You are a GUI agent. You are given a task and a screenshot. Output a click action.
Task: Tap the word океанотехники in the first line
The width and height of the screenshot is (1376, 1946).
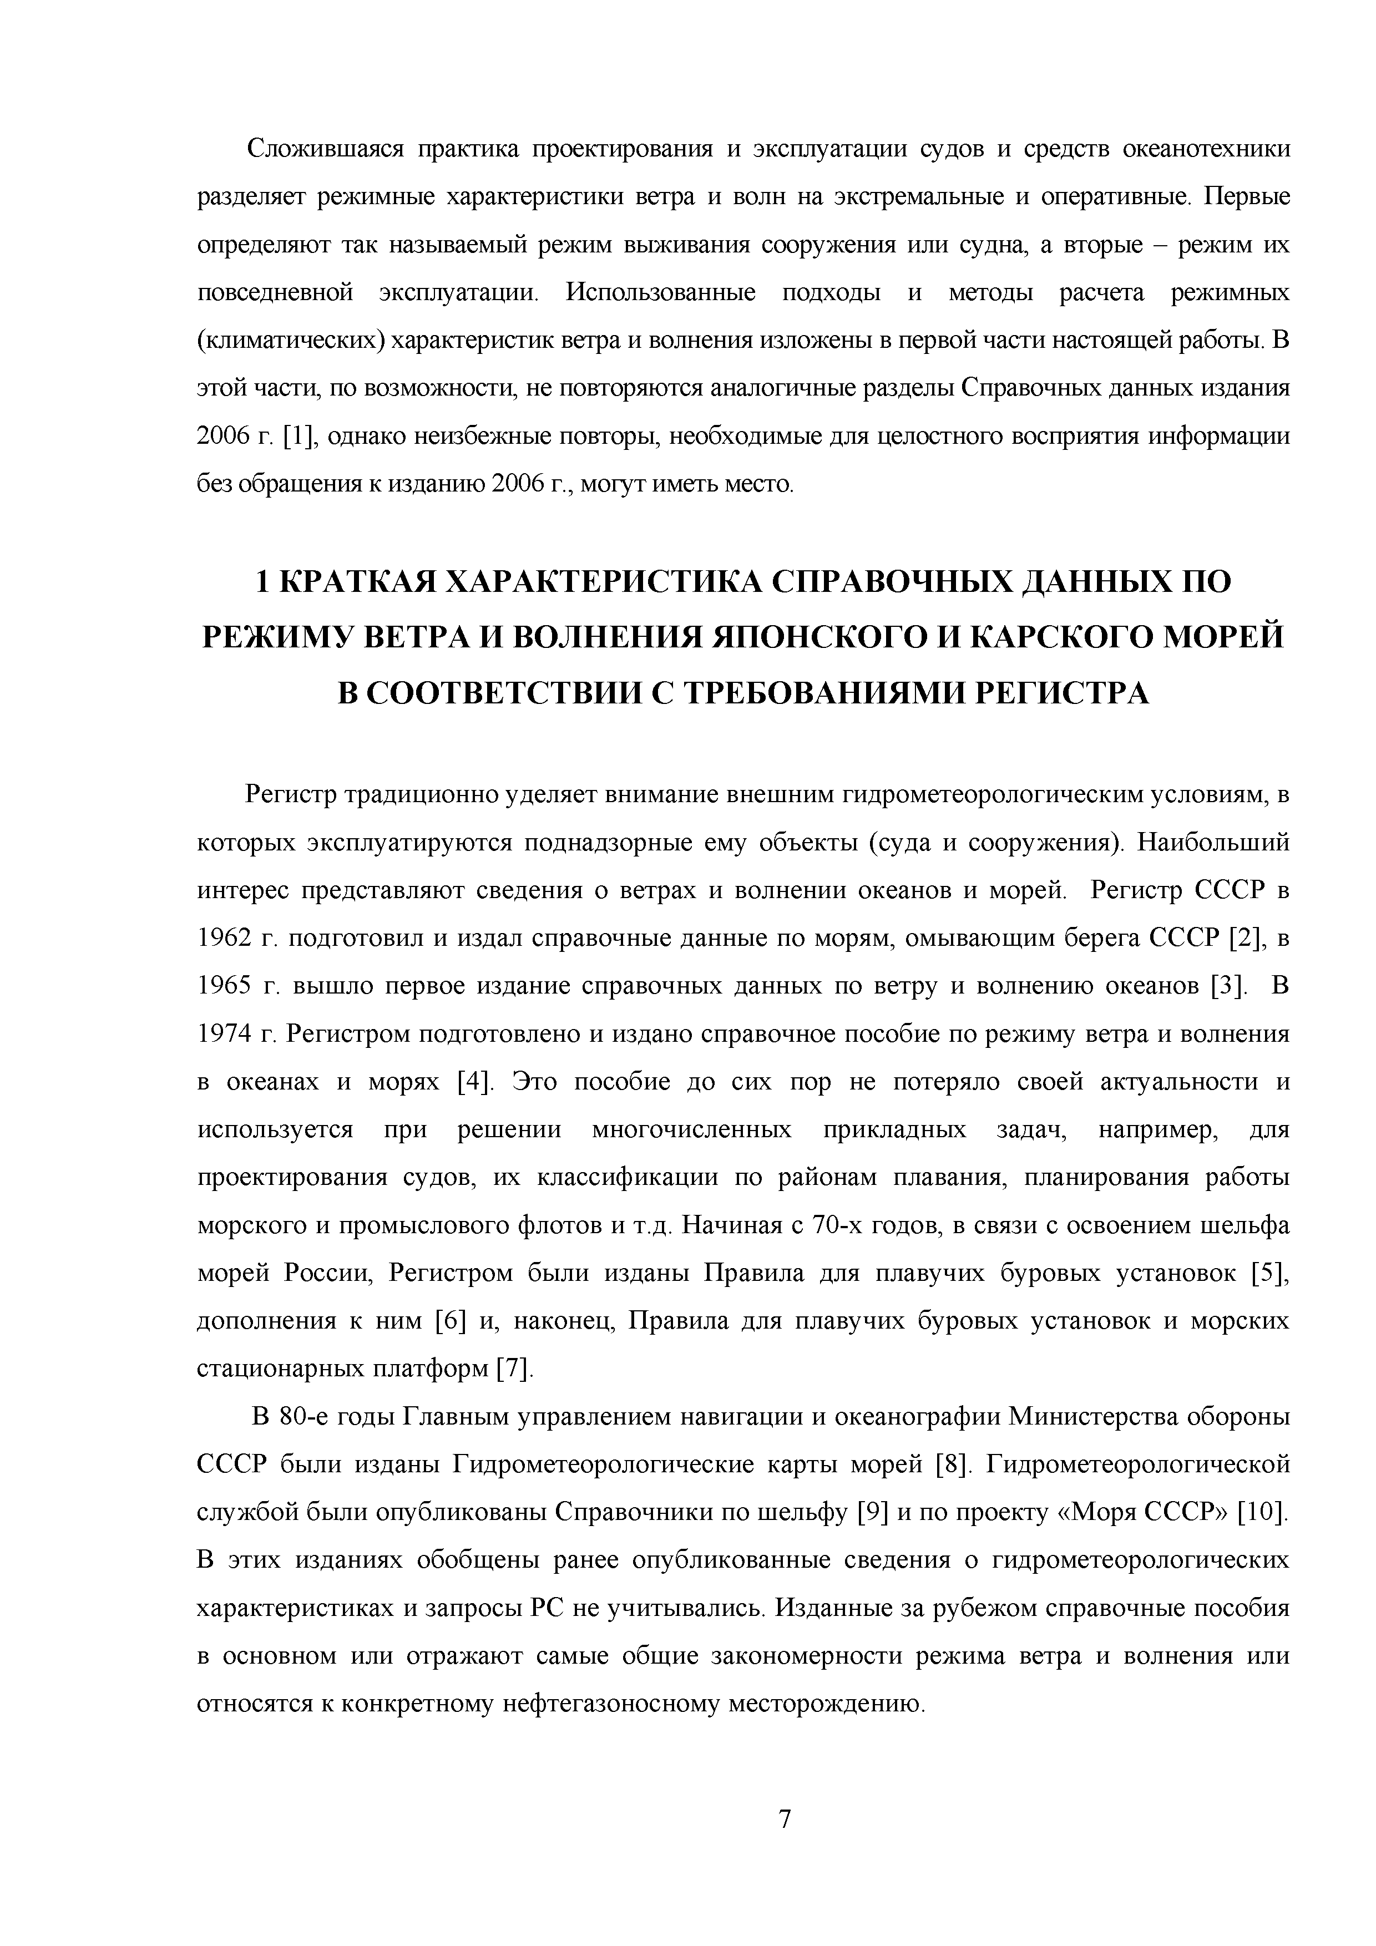click(1206, 150)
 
